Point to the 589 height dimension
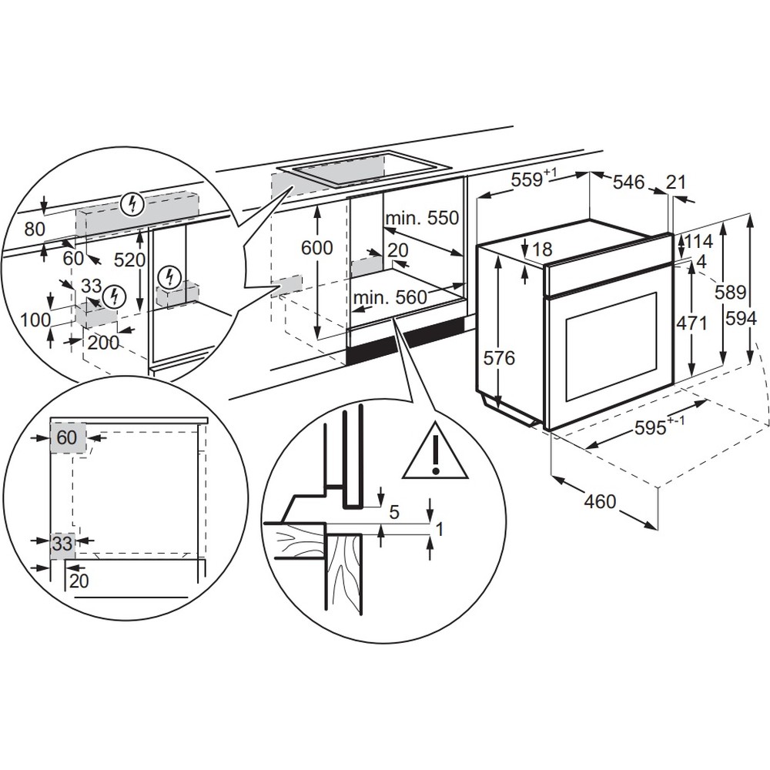coord(731,292)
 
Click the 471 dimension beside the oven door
coord(691,323)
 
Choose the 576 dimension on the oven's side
coord(500,358)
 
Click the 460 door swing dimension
coord(600,501)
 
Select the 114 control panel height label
coord(699,241)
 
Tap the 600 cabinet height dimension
coord(316,248)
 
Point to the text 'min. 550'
coord(422,218)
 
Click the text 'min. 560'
coord(390,297)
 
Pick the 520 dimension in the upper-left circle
coord(130,259)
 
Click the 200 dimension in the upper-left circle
coord(103,342)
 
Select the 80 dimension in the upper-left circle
coord(35,229)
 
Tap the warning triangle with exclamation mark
coord(436,453)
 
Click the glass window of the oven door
coord(612,346)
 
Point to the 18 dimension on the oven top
coord(542,249)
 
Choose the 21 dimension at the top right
coord(675,182)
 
